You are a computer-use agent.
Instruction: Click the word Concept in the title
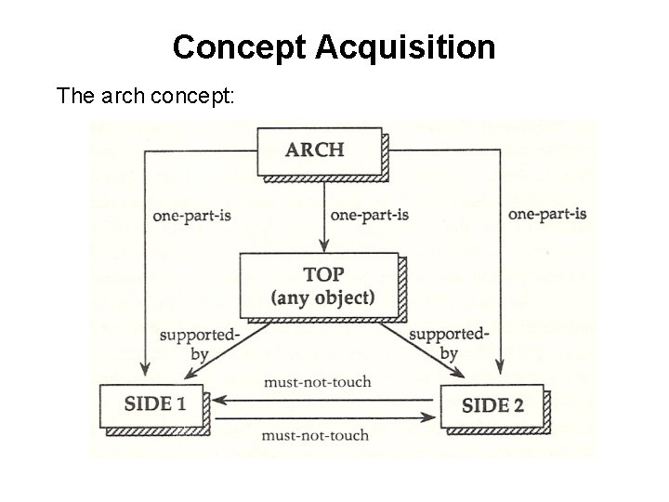pos(239,47)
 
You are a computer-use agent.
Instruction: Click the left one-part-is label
pos(192,215)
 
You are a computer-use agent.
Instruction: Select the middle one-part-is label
pos(370,215)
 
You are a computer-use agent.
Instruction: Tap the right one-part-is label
pos(547,215)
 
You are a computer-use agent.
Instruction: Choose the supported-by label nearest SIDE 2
pos(449,343)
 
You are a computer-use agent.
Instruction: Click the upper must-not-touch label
pos(317,381)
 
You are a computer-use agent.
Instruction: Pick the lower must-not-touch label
pos(317,435)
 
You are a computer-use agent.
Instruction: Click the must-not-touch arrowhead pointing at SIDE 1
pos(218,400)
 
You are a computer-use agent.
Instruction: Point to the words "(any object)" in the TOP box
pos(322,297)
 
